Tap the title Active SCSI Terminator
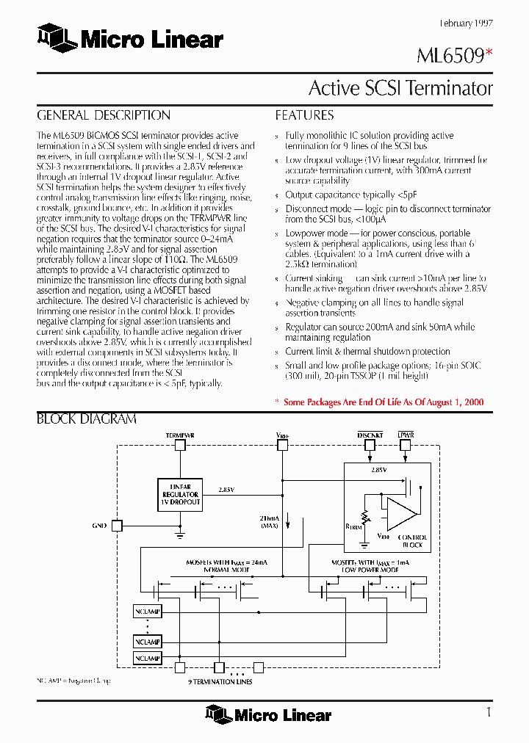click(x=400, y=88)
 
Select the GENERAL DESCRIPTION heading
click(x=104, y=115)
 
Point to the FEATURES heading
click(x=304, y=115)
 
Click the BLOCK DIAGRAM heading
click(x=87, y=419)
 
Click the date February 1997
click(x=466, y=23)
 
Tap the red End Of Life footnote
click(x=379, y=402)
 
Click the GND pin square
click(x=117, y=526)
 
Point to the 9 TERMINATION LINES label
click(x=220, y=682)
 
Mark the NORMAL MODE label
click(x=226, y=569)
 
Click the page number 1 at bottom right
click(x=489, y=711)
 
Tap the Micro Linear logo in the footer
click(x=268, y=714)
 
